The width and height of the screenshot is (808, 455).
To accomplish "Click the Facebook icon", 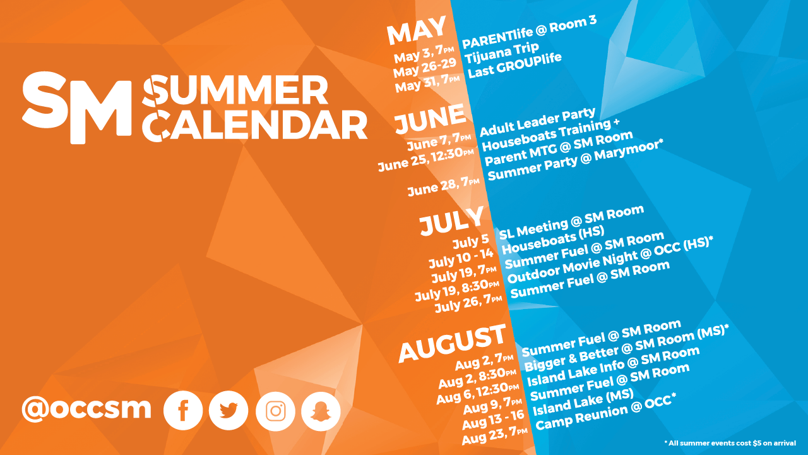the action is click(x=183, y=411).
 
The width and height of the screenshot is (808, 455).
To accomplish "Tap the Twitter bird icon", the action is click(x=229, y=411).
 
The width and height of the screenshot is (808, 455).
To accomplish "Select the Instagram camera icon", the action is click(x=275, y=411).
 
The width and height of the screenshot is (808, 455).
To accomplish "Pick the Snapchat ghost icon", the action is click(x=321, y=411).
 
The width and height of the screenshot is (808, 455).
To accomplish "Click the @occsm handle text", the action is click(x=86, y=409).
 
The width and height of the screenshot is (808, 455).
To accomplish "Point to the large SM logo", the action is click(x=77, y=107).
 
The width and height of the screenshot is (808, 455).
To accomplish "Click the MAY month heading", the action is click(x=417, y=30).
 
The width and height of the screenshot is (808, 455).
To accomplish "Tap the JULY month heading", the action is click(x=451, y=221).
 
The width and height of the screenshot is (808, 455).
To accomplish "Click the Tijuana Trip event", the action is click(x=501, y=54).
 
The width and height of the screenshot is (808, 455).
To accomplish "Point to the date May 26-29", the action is click(x=425, y=68).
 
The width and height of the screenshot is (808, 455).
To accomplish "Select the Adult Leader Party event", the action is click(x=537, y=122).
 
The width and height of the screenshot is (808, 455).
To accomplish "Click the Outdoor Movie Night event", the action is click(x=610, y=260).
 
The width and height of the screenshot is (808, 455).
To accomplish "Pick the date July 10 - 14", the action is click(x=461, y=258).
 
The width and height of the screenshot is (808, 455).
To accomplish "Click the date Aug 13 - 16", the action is click(x=493, y=420).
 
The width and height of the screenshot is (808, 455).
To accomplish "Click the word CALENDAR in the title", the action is click(x=254, y=125).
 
